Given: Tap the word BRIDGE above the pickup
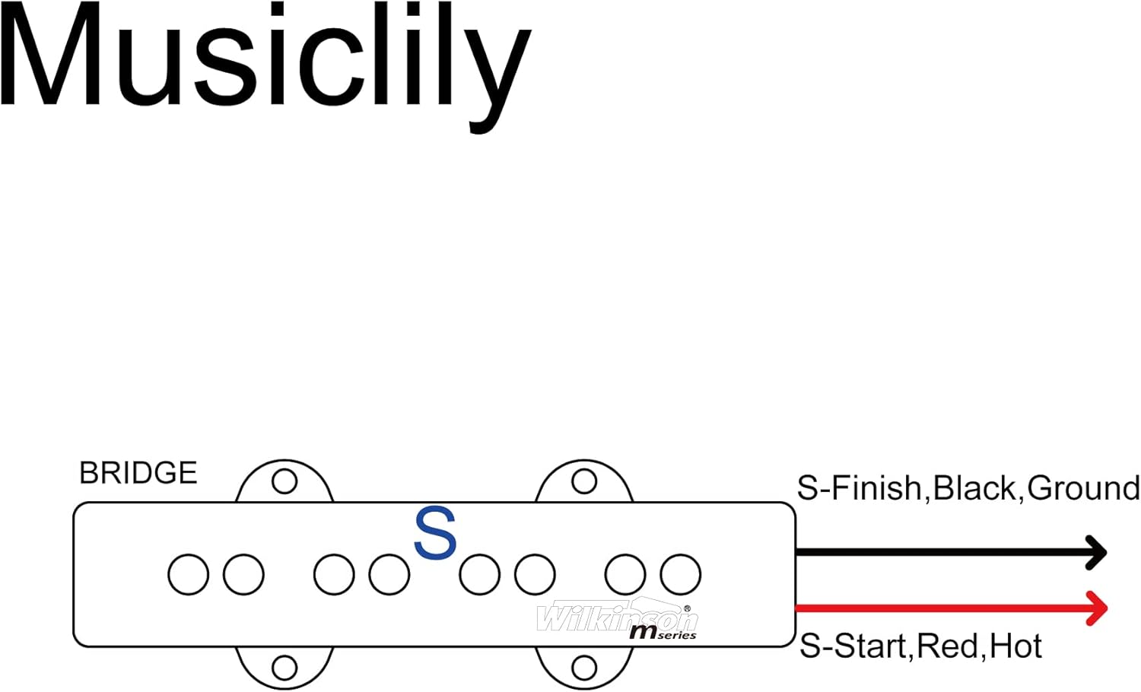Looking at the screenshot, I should (138, 473).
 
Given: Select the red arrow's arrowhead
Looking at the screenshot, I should (1096, 608).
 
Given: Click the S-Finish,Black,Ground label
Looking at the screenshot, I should (968, 488).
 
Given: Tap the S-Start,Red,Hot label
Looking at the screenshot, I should (920, 646).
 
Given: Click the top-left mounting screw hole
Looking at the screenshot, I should (284, 481).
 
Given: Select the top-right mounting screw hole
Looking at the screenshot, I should (584, 481).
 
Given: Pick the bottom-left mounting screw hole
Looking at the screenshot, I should (284, 668).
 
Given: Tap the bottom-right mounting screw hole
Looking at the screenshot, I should (584, 668).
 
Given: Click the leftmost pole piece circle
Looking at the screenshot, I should (189, 574).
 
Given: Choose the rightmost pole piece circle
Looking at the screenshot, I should (681, 574).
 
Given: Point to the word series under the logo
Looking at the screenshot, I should (677, 635).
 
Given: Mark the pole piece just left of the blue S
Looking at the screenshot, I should (389, 574).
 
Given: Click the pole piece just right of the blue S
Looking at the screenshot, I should (480, 574).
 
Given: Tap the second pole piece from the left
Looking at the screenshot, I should (243, 574).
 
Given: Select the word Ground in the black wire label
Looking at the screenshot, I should (1083, 488).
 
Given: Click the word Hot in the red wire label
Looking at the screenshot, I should (1015, 646).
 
